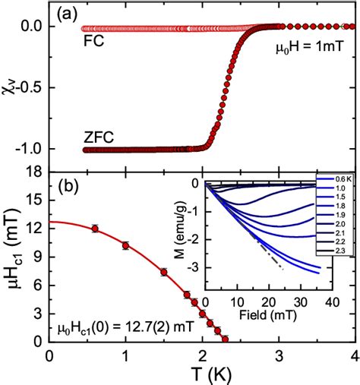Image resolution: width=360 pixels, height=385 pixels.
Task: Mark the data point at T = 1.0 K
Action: point(125,245)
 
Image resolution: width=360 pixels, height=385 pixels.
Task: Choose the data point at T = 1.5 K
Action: point(163,272)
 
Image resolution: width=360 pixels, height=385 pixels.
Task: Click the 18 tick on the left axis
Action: point(33,175)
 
